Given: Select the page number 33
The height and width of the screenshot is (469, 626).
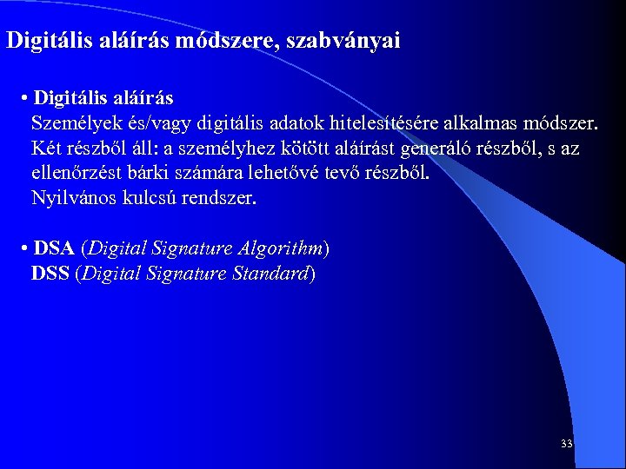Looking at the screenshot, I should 567,444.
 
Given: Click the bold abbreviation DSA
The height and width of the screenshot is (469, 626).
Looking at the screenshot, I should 54,248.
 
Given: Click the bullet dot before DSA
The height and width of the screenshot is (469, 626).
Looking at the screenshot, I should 23,249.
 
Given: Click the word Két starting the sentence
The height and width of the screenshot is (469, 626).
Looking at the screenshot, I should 46,148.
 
